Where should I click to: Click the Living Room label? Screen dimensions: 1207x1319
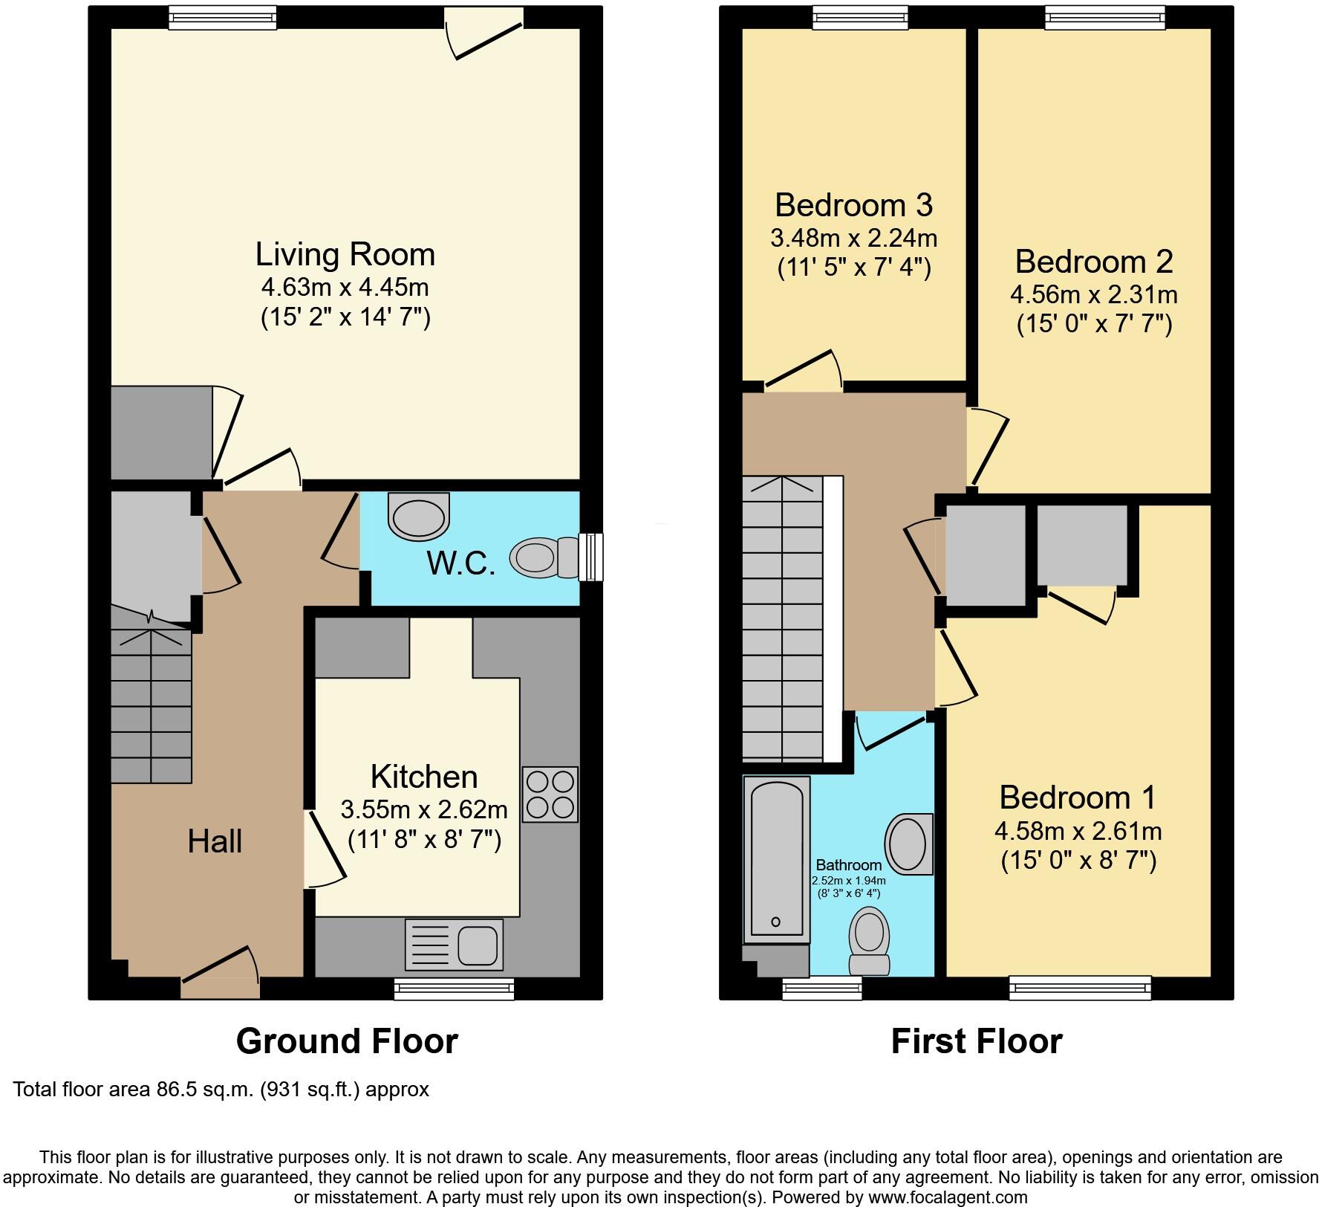click(x=345, y=255)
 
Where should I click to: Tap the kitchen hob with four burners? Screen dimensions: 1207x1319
click(x=550, y=795)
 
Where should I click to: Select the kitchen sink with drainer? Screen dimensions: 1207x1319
click(x=454, y=945)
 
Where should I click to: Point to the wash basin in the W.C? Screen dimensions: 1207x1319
click(x=420, y=518)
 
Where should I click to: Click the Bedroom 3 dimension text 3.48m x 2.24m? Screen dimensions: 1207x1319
click(x=853, y=239)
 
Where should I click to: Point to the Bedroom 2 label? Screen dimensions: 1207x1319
click(x=1093, y=262)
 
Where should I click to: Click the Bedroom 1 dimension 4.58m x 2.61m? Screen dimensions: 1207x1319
click(x=1078, y=830)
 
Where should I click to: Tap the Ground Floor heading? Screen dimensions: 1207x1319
click(x=347, y=1041)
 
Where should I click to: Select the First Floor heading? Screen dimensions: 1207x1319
click(x=976, y=1041)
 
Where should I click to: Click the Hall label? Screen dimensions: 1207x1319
click(x=215, y=841)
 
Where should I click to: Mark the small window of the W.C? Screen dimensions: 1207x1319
click(x=591, y=557)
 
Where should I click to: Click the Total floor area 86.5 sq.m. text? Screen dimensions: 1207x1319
click(x=221, y=1090)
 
